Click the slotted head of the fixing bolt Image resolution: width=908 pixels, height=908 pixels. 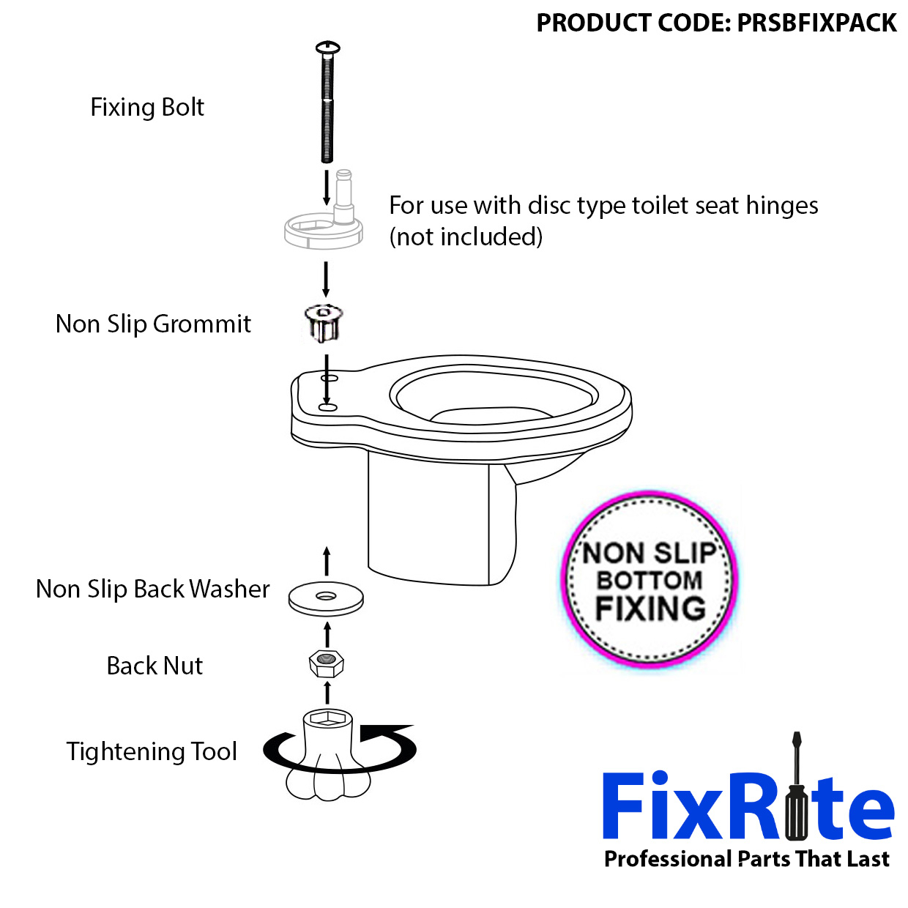click(327, 48)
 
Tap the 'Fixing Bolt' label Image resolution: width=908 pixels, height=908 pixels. click(147, 107)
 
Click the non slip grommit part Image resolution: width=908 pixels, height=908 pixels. click(324, 323)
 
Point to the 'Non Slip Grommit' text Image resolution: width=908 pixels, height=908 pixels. click(153, 324)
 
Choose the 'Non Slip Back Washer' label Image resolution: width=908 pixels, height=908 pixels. click(152, 589)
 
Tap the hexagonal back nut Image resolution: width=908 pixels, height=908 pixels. click(327, 664)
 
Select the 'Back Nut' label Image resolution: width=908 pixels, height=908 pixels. click(155, 666)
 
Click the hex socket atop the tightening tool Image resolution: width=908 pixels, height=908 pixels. click(328, 718)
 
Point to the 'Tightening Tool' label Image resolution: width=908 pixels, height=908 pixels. click(152, 751)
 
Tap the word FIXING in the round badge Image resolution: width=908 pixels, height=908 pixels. click(651, 609)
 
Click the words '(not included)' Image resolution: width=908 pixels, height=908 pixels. click(466, 236)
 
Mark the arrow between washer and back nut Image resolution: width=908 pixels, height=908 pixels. click(327, 635)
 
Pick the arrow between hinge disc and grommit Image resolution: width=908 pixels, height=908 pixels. click(326, 280)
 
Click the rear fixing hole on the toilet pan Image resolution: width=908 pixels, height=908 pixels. click(330, 379)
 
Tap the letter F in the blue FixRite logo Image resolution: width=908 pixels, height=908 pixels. click(623, 805)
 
